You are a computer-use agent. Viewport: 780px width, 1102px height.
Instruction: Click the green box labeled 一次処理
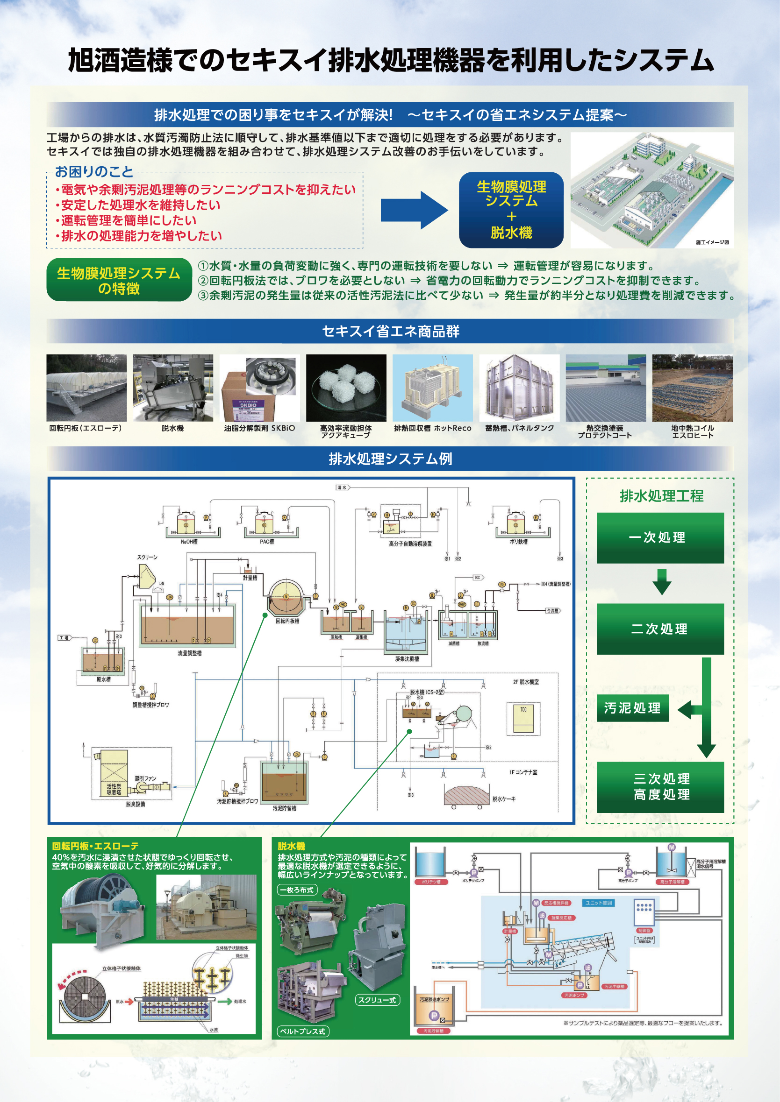[660, 537]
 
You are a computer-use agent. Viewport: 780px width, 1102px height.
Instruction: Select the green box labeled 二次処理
[660, 629]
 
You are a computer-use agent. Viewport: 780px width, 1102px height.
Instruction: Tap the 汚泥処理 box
[632, 708]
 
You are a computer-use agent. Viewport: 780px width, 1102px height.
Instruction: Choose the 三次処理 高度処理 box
[660, 787]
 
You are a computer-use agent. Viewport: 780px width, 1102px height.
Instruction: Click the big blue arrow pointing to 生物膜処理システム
[414, 210]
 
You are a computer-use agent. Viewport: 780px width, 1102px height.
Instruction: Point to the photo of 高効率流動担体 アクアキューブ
[346, 388]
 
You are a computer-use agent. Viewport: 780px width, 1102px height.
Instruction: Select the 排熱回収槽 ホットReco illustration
[432, 388]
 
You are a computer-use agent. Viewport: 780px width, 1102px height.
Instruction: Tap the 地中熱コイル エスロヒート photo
[692, 388]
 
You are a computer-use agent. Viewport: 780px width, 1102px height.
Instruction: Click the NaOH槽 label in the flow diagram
[189, 542]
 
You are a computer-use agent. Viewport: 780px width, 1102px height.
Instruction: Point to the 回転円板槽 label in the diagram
[287, 621]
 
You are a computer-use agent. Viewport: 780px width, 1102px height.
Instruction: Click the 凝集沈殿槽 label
[407, 659]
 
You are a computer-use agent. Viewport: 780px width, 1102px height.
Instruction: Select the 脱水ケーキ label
[504, 799]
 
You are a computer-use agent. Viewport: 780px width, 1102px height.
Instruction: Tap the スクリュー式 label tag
[377, 1000]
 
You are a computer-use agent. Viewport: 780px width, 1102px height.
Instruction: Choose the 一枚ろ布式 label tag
[296, 890]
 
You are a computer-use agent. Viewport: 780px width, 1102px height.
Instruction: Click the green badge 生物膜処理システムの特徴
[119, 280]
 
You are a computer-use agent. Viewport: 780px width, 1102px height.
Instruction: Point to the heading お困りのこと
[93, 172]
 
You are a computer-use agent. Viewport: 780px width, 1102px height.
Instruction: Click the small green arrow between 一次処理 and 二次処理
[662, 582]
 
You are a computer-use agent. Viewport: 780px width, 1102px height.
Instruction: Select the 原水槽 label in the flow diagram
[103, 679]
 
